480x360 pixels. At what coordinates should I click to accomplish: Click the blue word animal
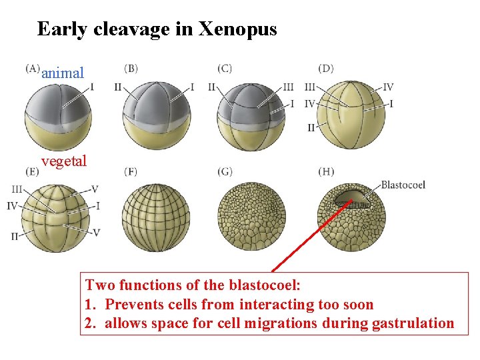pyautogui.click(x=63, y=73)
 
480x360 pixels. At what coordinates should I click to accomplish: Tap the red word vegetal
pyautogui.click(x=64, y=161)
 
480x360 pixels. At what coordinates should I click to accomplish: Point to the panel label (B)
pyautogui.click(x=131, y=68)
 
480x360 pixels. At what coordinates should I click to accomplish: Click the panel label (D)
pyautogui.click(x=326, y=68)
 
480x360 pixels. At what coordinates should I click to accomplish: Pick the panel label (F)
pyautogui.click(x=131, y=171)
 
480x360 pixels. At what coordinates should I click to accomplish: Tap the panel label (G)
pyautogui.click(x=225, y=171)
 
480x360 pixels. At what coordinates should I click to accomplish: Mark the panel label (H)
pyautogui.click(x=326, y=171)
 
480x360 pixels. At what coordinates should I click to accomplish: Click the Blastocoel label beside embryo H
pyautogui.click(x=403, y=185)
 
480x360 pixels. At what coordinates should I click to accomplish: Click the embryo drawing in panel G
pyautogui.click(x=251, y=217)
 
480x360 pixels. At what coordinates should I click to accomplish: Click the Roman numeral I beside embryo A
pyautogui.click(x=92, y=86)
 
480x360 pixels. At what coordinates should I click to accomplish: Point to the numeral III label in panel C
pyautogui.click(x=288, y=87)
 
